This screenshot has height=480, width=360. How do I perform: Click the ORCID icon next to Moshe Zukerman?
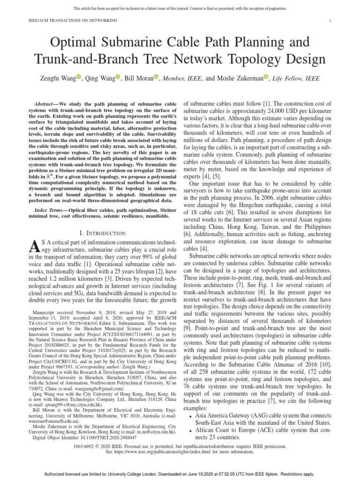pyautogui.click(x=266, y=76)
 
